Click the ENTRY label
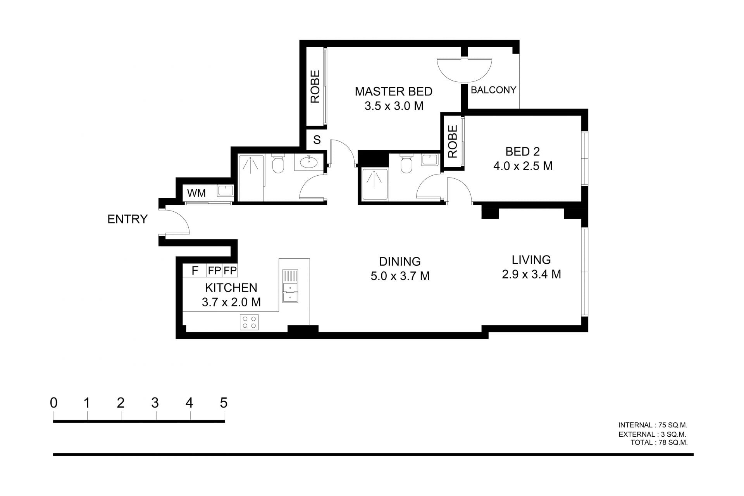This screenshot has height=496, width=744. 127,219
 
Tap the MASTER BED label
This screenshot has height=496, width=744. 394,92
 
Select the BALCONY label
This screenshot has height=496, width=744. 493,90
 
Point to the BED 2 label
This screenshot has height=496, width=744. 523,151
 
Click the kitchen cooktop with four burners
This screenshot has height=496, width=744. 249,322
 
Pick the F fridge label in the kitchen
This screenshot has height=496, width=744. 195,270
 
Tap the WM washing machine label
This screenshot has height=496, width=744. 196,193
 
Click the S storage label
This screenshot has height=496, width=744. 317,140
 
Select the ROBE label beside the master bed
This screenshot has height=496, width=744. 315,86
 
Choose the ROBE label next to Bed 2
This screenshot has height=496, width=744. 453,142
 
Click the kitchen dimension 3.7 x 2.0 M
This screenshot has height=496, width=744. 231,302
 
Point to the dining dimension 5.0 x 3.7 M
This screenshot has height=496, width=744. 400,276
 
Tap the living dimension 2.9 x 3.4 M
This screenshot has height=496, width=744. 532,275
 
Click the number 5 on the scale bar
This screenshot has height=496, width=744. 224,403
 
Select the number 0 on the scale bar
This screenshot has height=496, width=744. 53,403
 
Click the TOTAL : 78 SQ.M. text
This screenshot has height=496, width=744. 659,442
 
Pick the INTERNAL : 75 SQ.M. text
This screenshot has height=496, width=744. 653,425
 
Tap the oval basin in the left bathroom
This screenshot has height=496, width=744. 309,163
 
